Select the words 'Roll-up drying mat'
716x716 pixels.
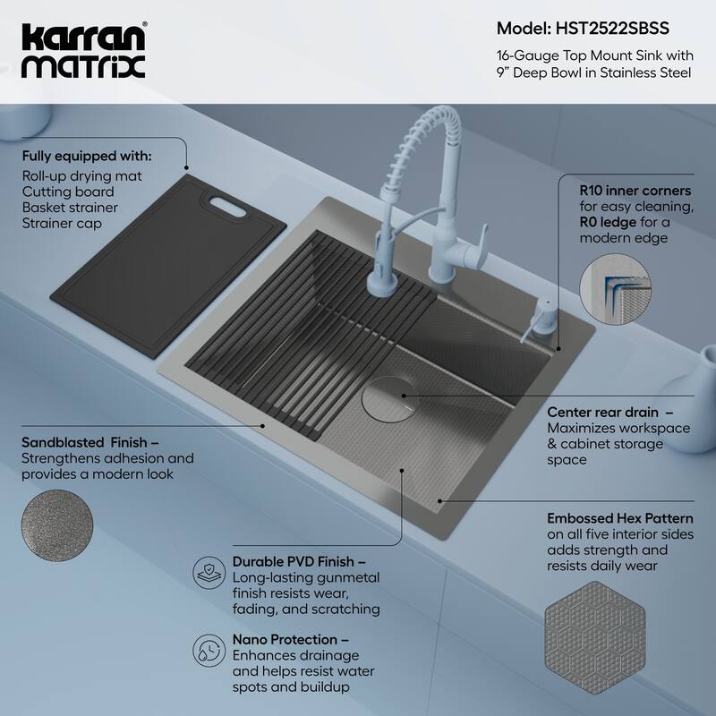click(x=81, y=175)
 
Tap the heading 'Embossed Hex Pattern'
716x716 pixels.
click(x=620, y=516)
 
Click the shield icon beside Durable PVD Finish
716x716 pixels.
click(x=209, y=568)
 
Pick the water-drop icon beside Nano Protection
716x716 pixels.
click(x=209, y=648)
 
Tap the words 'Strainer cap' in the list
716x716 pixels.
click(x=62, y=224)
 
